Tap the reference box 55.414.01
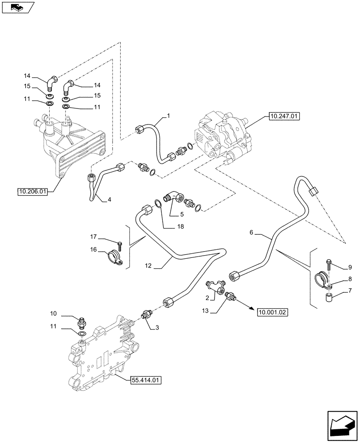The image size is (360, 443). tap(146, 380)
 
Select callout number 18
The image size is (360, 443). tap(167, 227)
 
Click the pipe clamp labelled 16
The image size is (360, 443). tap(115, 256)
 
